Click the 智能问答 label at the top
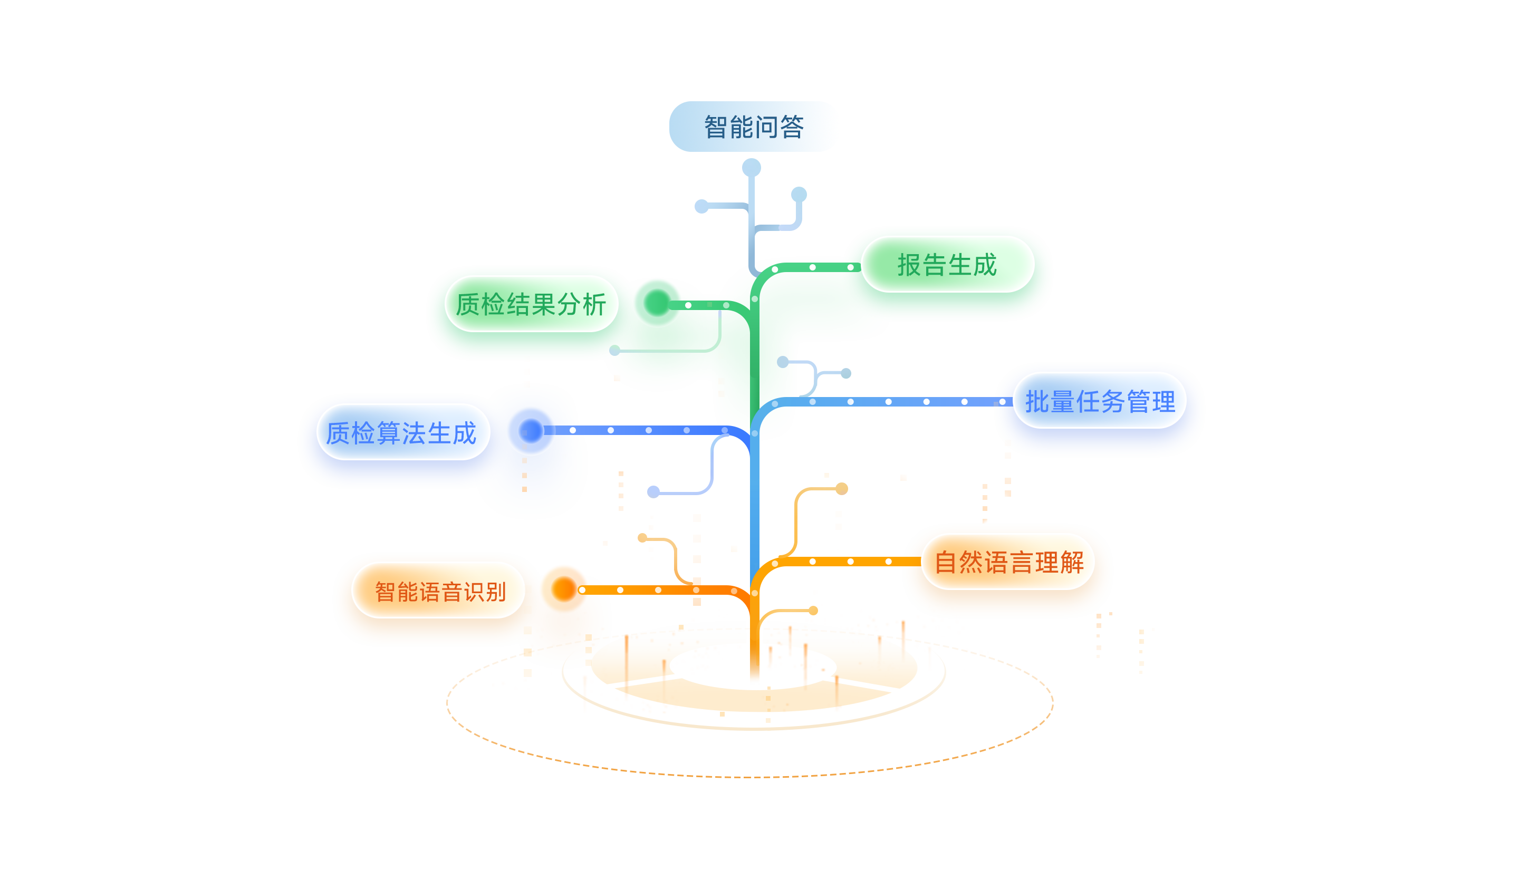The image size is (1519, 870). [754, 127]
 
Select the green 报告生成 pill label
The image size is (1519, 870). [947, 265]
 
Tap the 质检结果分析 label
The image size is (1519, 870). [531, 304]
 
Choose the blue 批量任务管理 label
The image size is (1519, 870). [1100, 401]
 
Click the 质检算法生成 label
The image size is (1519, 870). [401, 432]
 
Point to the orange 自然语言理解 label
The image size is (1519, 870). [1008, 562]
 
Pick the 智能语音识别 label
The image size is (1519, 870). [440, 592]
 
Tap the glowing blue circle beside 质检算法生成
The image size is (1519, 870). [530, 430]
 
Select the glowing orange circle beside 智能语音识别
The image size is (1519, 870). [563, 589]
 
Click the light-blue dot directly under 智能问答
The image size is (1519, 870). [751, 167]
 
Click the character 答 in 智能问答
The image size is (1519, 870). [792, 127]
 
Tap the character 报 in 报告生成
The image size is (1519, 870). [909, 265]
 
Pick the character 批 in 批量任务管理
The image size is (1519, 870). [1037, 401]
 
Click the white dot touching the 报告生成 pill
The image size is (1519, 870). [850, 267]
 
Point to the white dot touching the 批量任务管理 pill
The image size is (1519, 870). [1002, 402]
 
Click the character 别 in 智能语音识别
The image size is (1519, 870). [496, 592]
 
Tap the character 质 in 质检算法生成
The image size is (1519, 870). [338, 432]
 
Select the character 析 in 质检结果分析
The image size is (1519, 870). [594, 304]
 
